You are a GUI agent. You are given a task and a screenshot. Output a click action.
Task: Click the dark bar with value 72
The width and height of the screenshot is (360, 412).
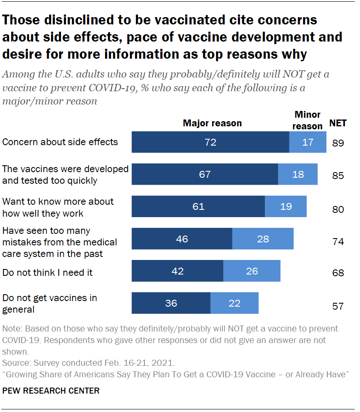click(210, 142)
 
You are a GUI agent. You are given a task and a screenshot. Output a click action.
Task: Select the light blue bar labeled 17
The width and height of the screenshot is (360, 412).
click(308, 142)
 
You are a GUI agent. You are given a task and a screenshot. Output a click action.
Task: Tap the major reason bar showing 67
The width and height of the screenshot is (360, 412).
click(204, 174)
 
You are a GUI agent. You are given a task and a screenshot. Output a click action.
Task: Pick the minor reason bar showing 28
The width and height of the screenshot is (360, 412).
click(263, 239)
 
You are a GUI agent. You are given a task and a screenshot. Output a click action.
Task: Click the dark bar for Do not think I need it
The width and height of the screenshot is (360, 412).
click(177, 271)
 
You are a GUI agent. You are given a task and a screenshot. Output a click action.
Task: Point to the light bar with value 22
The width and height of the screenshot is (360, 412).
click(234, 303)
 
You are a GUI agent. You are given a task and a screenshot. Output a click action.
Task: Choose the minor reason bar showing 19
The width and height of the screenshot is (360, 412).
click(285, 206)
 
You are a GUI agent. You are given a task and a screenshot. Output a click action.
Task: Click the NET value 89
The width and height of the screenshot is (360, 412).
click(338, 143)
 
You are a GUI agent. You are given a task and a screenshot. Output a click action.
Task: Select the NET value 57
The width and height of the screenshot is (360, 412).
click(338, 306)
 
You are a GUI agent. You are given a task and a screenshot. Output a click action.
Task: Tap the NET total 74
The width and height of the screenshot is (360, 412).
click(338, 242)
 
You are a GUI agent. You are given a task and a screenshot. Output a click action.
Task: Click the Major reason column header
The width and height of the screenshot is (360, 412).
click(212, 123)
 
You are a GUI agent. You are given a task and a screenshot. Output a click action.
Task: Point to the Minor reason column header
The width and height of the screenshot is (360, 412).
click(308, 120)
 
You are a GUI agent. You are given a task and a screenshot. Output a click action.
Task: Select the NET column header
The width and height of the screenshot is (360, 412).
click(338, 124)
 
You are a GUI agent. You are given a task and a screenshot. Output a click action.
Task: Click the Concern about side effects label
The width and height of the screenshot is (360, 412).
click(60, 142)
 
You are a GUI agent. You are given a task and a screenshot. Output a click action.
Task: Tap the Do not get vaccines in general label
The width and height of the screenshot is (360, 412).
click(50, 303)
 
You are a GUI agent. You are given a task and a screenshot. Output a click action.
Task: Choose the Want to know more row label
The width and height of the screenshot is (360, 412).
click(58, 207)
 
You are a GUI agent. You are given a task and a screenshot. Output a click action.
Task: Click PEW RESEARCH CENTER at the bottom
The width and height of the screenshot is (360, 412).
click(51, 391)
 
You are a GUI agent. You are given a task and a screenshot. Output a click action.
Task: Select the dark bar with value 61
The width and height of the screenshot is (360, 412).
click(198, 206)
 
